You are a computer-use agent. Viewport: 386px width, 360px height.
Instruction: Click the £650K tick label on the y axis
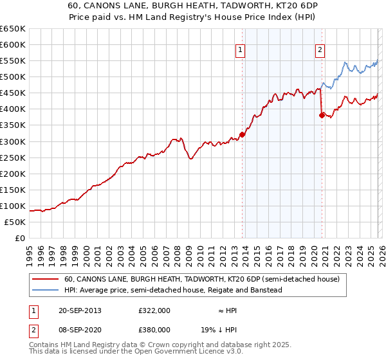tap(13, 29)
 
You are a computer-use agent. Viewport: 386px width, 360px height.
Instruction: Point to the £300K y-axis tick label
tap(13, 141)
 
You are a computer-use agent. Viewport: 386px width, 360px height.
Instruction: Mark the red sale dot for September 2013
tap(243, 134)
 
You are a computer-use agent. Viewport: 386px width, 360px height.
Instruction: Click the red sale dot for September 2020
tap(322, 116)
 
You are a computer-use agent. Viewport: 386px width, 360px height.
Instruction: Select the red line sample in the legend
tap(45, 279)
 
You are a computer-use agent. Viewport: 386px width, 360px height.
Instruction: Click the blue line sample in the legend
tap(45, 290)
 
